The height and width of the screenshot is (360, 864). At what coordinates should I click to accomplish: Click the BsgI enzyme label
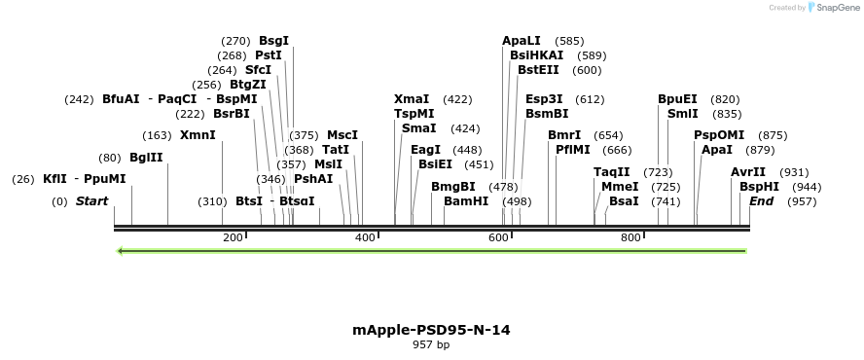273,41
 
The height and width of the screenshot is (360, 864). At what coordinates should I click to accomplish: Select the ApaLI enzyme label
522,41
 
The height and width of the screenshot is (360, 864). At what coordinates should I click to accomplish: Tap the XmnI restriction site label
198,134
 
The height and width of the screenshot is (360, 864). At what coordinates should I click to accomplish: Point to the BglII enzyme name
146,158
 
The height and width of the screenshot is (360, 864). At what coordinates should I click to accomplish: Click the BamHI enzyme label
466,200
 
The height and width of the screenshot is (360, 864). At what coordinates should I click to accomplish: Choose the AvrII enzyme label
748,172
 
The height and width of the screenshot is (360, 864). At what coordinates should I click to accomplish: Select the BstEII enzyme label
539,70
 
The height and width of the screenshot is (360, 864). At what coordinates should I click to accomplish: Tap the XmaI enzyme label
412,99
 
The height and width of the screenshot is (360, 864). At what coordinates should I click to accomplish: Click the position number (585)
570,41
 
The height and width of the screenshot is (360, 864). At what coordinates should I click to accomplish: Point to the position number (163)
157,134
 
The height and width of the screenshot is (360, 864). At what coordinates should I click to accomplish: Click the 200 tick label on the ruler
233,238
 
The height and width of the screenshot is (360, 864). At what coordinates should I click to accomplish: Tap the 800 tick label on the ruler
630,238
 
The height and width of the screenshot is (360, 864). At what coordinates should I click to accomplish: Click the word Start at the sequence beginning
91,200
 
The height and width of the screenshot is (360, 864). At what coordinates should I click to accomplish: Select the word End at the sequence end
761,200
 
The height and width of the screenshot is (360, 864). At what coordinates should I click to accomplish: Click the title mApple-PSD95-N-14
431,330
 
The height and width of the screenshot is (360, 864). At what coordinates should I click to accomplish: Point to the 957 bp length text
431,345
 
